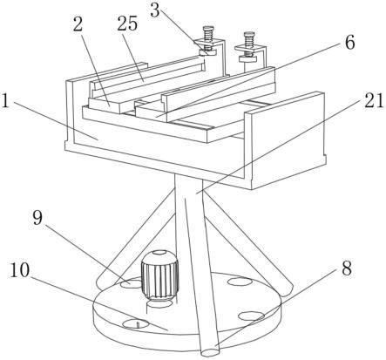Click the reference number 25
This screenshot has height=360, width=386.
(x=127, y=24)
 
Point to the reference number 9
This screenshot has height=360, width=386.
(x=37, y=218)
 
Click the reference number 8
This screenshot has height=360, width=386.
(x=347, y=268)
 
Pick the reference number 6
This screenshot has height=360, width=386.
(x=349, y=43)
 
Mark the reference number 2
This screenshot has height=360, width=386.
(x=78, y=24)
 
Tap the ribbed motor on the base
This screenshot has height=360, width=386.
(x=159, y=275)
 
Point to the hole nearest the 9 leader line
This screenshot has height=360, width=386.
(x=130, y=283)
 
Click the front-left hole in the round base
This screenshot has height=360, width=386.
(x=135, y=323)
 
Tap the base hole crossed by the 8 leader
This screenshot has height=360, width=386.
(x=251, y=316)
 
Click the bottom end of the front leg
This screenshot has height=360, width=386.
(x=210, y=351)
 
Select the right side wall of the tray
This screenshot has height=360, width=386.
(x=285, y=139)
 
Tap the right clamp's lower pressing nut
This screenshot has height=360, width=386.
(x=248, y=59)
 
